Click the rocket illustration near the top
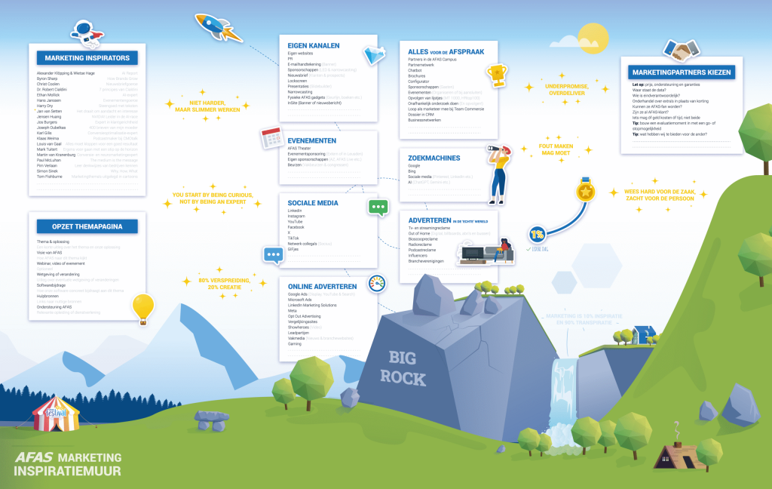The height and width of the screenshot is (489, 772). [218, 26]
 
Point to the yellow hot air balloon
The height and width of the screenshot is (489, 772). [142, 308]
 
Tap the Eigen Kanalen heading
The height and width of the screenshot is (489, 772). [314, 45]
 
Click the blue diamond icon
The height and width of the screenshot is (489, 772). [374, 54]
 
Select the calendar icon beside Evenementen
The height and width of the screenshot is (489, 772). [271, 138]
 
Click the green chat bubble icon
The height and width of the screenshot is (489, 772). [378, 207]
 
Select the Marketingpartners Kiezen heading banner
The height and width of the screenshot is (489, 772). [679, 72]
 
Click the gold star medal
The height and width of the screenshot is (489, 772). [586, 191]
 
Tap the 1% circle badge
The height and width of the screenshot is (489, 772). [538, 234]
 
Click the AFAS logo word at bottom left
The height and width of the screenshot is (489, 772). [34, 457]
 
